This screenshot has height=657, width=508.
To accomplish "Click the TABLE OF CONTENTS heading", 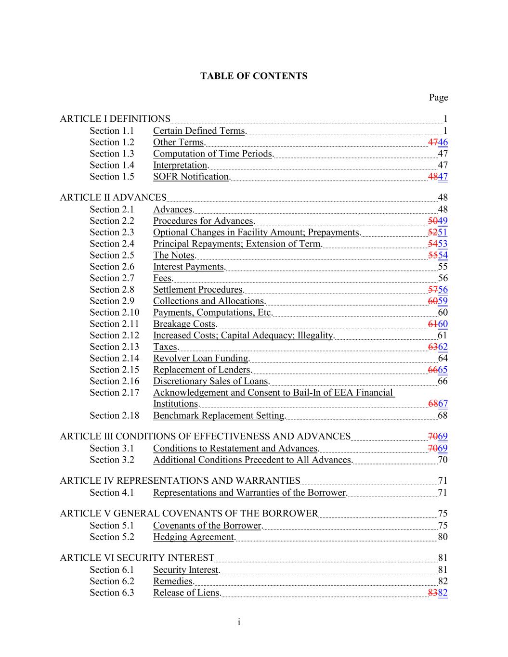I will [254, 76].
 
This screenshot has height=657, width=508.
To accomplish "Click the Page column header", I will [438, 98].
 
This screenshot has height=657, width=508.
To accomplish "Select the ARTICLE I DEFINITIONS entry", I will [115, 119].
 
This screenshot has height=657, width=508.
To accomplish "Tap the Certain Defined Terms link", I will [199, 131].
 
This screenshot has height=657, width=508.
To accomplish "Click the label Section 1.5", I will [112, 177].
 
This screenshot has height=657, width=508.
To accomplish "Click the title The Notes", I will [174, 256].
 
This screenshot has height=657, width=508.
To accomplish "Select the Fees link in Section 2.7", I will [163, 278].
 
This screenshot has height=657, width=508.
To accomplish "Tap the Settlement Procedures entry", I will [198, 290].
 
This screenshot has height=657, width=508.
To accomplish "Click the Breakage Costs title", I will [185, 324].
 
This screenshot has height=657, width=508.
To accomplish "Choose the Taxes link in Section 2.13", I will [166, 347].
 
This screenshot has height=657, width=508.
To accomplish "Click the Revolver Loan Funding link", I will [201, 359].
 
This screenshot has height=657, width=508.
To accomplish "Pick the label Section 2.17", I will [114, 393].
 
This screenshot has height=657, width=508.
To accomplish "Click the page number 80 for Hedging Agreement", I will [443, 537].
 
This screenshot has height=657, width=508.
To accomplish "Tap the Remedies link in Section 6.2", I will [173, 581].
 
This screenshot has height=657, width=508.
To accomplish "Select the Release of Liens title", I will [187, 593].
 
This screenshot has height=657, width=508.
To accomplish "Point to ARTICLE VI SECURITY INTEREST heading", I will [137, 558].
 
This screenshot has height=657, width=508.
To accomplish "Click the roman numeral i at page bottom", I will [239, 623].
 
